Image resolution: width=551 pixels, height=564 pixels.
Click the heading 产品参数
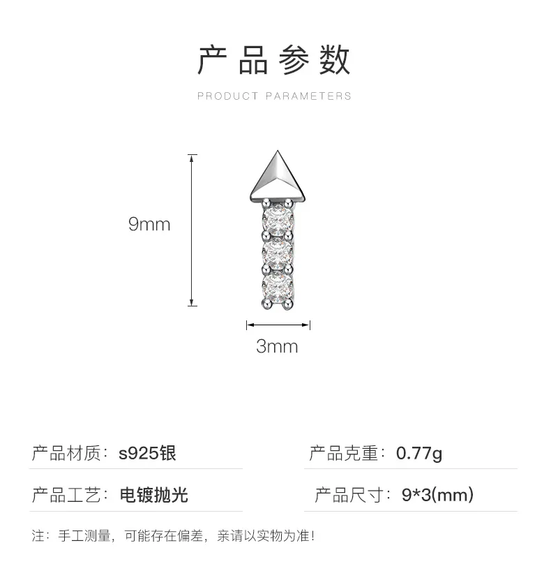coord(275,60)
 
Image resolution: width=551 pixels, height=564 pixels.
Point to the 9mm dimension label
coord(149,224)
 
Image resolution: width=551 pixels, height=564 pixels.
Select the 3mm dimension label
coord(277,346)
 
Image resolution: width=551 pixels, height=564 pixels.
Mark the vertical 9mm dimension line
coord(193,230)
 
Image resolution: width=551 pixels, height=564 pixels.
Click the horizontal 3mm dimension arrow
coord(278,325)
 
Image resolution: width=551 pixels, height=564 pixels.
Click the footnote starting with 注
coord(174,537)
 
